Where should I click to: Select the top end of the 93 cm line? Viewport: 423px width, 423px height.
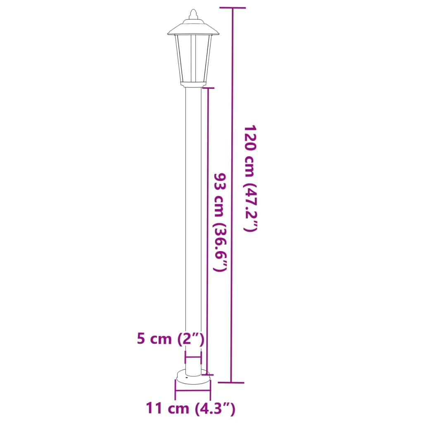[207, 88]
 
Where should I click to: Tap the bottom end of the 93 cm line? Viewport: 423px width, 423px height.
[207, 373]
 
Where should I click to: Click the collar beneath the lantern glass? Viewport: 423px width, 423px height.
[193, 85]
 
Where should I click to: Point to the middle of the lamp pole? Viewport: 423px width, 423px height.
[193, 227]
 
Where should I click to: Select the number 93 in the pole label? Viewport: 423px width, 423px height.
[220, 182]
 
